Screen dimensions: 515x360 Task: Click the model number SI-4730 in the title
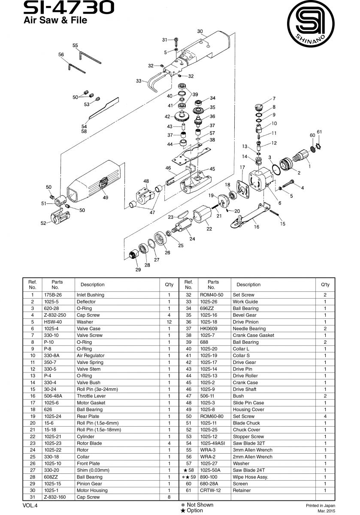tap(69, 8)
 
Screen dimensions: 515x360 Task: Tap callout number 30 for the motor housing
tap(200, 31)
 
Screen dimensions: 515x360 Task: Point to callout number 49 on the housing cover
tap(105, 197)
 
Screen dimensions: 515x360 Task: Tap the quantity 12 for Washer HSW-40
tap(169, 322)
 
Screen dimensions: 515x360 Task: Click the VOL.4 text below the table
tap(30, 506)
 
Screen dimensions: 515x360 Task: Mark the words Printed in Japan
tap(321, 506)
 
